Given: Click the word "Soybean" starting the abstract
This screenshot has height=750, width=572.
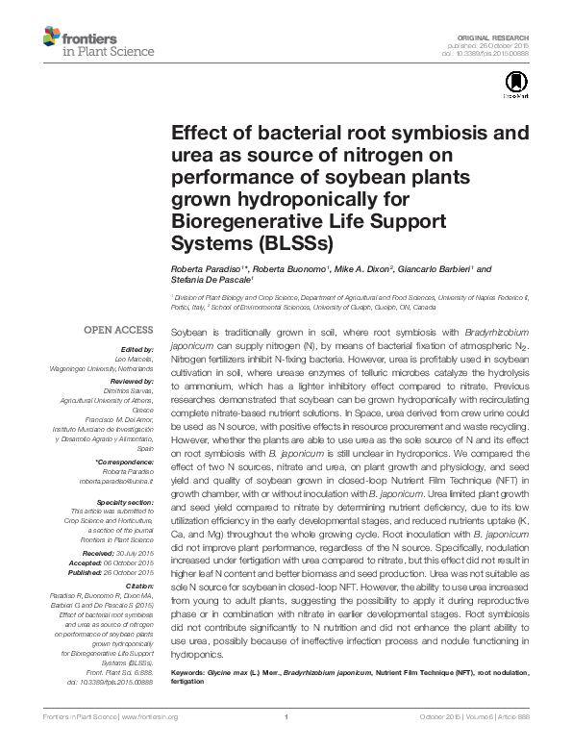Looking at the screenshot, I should click(x=188, y=330).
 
